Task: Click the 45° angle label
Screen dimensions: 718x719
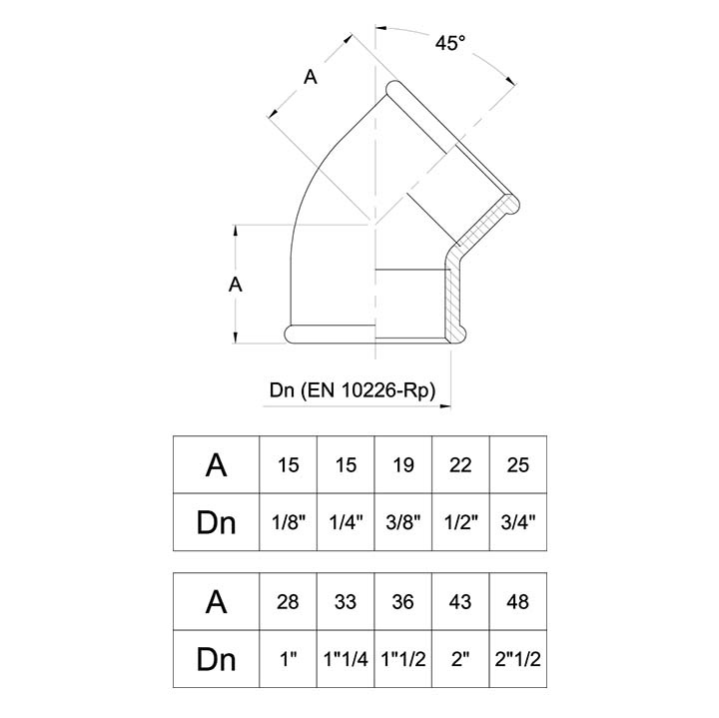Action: (451, 43)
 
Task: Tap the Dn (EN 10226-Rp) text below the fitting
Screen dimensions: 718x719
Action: (354, 391)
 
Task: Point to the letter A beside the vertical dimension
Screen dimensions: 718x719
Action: (236, 284)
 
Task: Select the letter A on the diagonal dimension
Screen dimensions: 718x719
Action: (311, 78)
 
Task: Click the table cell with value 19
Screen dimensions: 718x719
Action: (403, 465)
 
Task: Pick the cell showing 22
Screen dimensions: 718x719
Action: (461, 465)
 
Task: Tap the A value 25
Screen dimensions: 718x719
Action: (519, 465)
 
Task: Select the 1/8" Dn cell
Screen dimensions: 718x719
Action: (288, 521)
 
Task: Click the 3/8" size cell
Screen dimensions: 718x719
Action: (403, 521)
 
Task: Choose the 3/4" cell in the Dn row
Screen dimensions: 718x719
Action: (519, 521)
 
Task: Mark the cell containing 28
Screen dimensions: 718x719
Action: (288, 602)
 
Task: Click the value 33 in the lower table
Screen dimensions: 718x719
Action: (346, 602)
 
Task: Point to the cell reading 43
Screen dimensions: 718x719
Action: (461, 602)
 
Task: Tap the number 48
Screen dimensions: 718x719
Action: (519, 602)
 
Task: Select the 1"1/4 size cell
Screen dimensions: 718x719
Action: (346, 659)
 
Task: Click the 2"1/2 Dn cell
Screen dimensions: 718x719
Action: (519, 659)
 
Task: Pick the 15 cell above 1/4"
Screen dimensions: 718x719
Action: (346, 465)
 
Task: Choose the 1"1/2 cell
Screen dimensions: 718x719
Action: (403, 659)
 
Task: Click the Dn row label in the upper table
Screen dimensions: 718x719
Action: (216, 521)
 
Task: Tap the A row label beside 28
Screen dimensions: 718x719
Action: (216, 602)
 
